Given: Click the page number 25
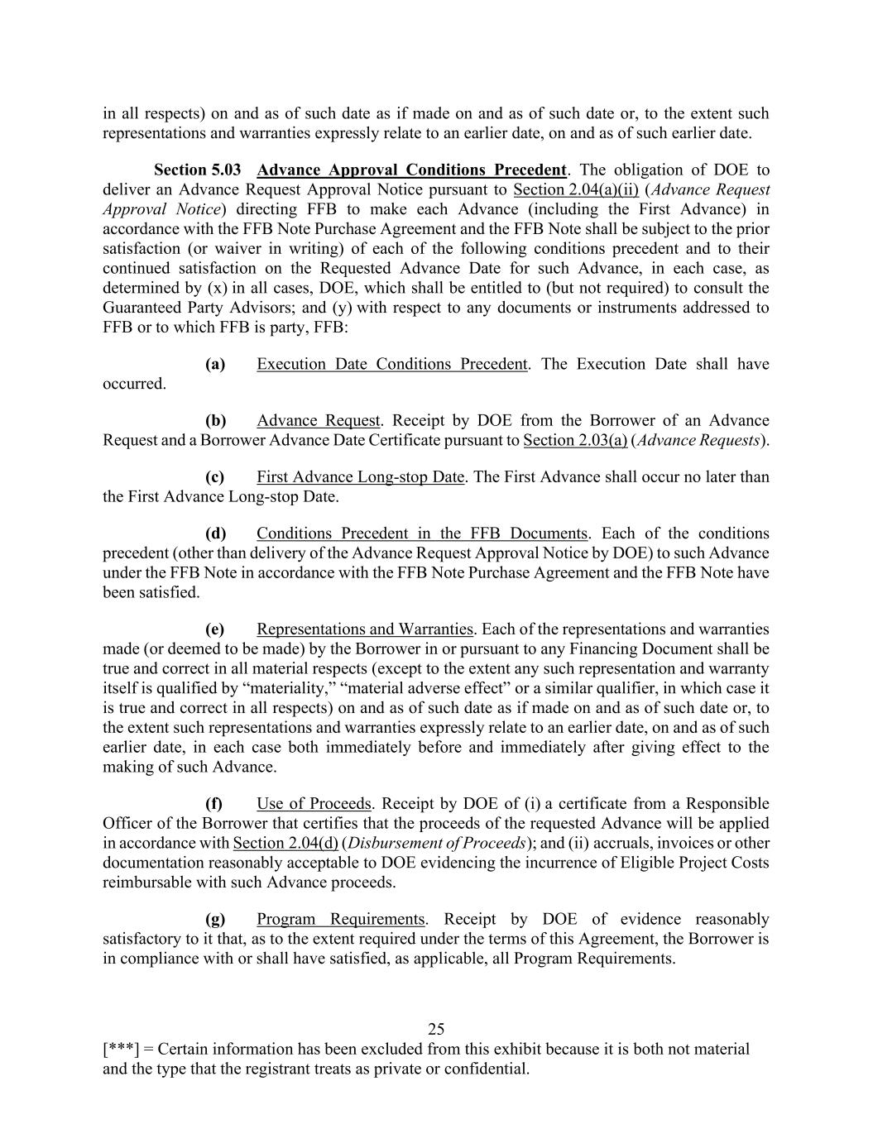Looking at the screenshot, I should point(436,1029).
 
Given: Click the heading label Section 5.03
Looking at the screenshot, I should point(198,170).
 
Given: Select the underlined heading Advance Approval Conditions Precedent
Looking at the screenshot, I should point(411,170).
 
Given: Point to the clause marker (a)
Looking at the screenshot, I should point(215,364).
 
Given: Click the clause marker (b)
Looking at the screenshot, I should point(215,420).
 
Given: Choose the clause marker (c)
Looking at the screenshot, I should point(215,476).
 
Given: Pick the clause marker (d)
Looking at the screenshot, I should point(215,533).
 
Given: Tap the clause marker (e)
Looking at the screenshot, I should point(215,629).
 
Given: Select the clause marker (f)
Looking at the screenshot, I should point(214,803).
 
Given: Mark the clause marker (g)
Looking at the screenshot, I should point(215,919).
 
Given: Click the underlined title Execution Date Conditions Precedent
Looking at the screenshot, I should point(391,364).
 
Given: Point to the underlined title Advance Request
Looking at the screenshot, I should point(318,420).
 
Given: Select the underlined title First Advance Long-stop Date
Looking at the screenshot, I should point(360,476).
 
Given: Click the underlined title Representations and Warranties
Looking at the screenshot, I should point(365,629).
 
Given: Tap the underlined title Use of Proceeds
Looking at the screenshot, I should point(314,803).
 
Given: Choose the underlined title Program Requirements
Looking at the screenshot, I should point(340,919).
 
